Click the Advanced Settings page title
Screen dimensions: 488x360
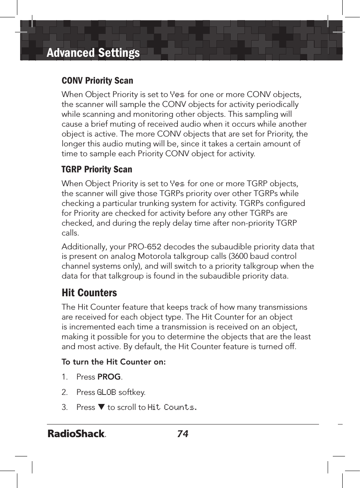click(93, 52)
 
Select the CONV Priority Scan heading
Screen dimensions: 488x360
click(97, 80)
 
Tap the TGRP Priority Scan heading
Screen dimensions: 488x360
click(97, 169)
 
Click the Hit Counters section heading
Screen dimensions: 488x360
click(90, 293)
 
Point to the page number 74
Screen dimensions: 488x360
click(183, 434)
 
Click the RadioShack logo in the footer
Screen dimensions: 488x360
click(77, 434)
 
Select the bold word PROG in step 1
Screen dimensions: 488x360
click(109, 377)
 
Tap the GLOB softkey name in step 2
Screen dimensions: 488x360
click(106, 393)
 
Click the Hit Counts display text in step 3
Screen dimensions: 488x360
click(172, 407)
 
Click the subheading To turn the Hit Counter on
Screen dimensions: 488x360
click(114, 362)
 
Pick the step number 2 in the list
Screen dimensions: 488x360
click(64, 393)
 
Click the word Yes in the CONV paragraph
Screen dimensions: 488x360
click(177, 95)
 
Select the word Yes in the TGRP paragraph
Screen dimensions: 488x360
click(177, 184)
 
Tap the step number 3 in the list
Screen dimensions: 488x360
click(64, 407)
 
